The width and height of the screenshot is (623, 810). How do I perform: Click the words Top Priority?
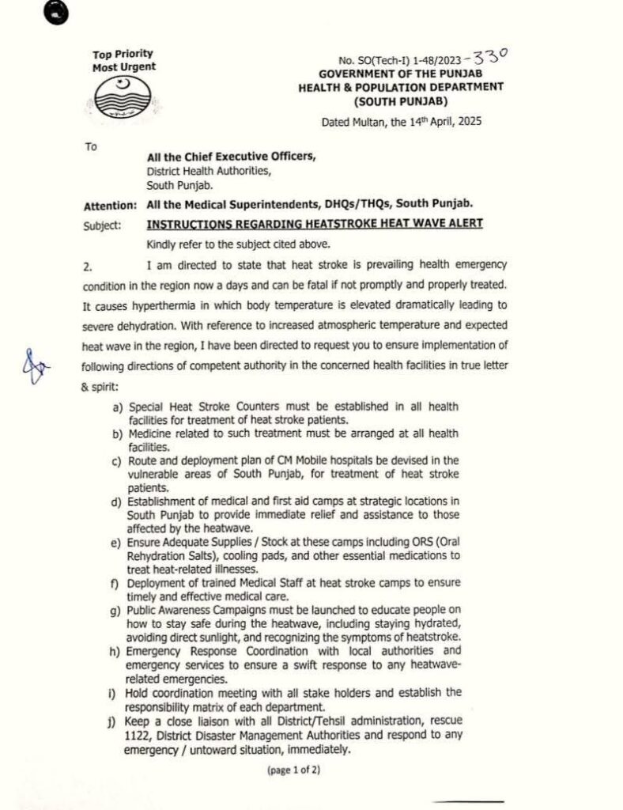pyautogui.click(x=123, y=55)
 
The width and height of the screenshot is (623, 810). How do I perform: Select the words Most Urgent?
pyautogui.click(x=124, y=67)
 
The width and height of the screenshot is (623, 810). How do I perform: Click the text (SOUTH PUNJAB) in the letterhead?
pyautogui.click(x=403, y=102)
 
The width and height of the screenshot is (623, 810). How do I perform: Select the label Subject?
pyautogui.click(x=102, y=225)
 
